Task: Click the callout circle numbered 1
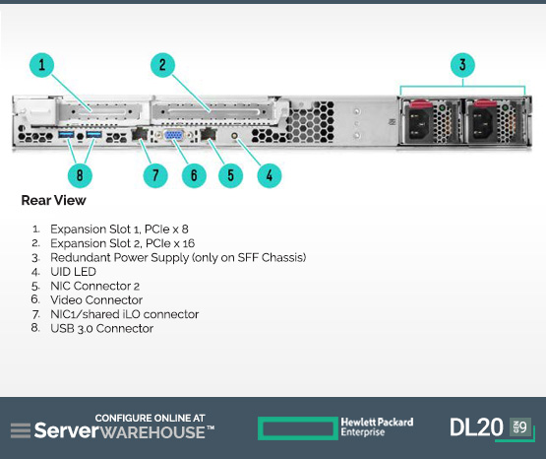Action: (x=41, y=65)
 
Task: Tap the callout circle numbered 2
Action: (x=162, y=65)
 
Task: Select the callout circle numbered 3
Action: (x=462, y=65)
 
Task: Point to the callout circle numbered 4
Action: (x=270, y=175)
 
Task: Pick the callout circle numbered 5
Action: (x=230, y=175)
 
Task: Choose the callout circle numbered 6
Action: (x=194, y=175)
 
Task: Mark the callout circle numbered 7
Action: (x=155, y=175)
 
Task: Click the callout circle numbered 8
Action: (x=80, y=175)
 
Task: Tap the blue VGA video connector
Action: (x=174, y=135)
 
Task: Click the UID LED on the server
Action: (x=235, y=135)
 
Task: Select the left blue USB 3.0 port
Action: (x=66, y=134)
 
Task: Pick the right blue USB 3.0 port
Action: (x=93, y=134)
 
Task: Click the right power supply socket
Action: (x=481, y=123)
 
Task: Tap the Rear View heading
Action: (x=54, y=200)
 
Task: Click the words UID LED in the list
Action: (x=73, y=272)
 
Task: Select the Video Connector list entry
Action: (x=96, y=299)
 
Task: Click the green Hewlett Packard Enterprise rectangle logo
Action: (x=298, y=428)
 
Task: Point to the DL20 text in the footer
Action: (x=476, y=427)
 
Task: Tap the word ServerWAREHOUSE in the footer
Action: (x=124, y=430)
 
